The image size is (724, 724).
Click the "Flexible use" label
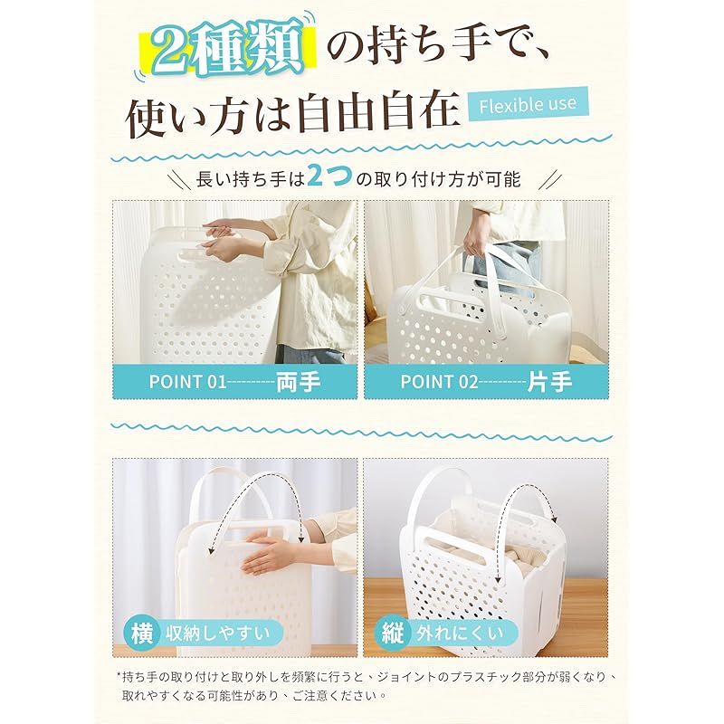[528, 105]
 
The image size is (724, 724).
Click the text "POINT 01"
[188, 382]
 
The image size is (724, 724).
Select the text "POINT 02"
[439, 382]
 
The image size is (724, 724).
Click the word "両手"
[299, 382]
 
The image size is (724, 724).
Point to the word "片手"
[549, 382]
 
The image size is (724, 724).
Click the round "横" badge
[142, 633]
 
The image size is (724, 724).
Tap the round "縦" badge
[393, 633]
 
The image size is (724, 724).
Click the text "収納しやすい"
[218, 633]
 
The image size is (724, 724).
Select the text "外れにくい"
[460, 633]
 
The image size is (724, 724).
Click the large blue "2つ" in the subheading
[329, 176]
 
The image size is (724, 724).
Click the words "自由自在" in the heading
[377, 112]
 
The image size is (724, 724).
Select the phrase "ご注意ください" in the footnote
[337, 695]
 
